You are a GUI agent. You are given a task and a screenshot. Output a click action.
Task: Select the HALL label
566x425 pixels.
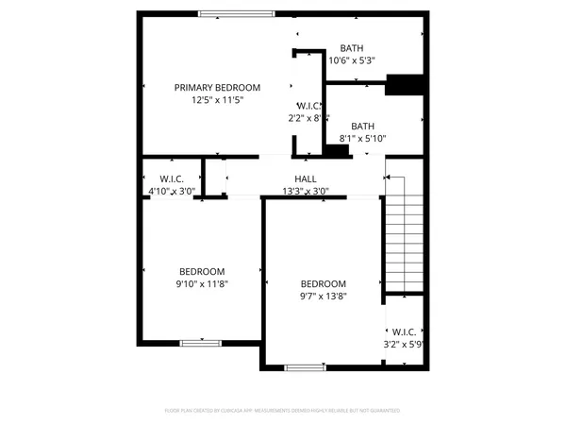coord(305,178)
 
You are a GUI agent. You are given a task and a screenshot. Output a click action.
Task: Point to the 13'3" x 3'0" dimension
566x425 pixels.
coord(305,191)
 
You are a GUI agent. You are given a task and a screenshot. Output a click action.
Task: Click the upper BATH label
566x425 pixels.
coord(352,49)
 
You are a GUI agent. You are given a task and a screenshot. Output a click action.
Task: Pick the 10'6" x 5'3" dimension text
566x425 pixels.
coord(352,61)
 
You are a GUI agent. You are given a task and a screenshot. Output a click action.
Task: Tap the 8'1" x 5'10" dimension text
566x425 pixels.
coord(363,139)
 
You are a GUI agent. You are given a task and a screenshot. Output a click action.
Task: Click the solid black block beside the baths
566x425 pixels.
coord(404,85)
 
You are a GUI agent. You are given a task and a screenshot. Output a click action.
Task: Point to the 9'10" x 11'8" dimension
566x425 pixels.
coord(203,282)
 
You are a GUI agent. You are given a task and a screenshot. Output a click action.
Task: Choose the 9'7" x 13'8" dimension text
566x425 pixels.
coord(324,296)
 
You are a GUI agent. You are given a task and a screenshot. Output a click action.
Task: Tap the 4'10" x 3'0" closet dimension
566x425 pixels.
coord(170,191)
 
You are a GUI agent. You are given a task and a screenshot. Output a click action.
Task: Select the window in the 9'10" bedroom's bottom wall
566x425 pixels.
coord(201,341)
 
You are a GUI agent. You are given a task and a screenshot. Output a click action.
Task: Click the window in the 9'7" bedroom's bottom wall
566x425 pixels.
coord(305,366)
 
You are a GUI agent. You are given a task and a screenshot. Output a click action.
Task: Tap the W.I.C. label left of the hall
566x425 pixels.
coord(171,178)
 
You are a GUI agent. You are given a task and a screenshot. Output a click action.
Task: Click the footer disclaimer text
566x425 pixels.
coord(282,411)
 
